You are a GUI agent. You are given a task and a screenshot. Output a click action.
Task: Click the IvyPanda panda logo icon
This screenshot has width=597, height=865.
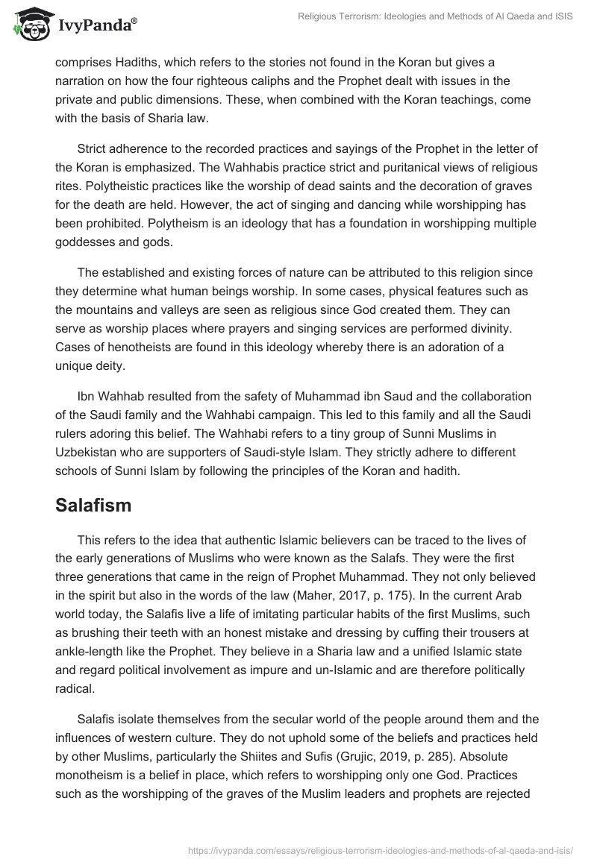tap(30, 25)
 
